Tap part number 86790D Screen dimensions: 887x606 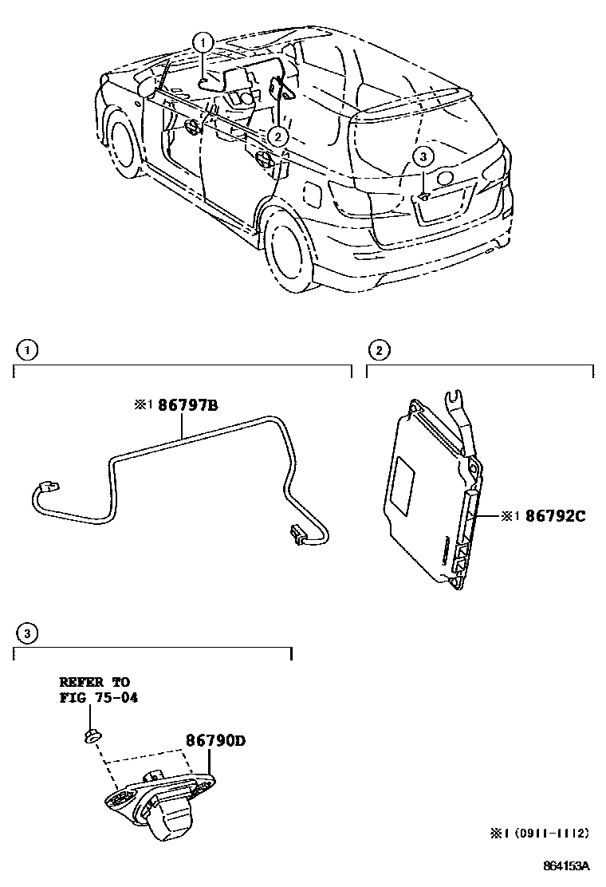coord(215,740)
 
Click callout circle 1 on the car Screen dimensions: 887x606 coord(204,41)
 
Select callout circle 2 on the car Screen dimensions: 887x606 coord(277,136)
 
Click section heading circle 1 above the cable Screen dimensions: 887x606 coord(27,349)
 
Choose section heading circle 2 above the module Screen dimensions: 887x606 coord(379,349)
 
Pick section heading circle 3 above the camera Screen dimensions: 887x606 coord(27,634)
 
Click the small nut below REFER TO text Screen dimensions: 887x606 coord(91,735)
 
